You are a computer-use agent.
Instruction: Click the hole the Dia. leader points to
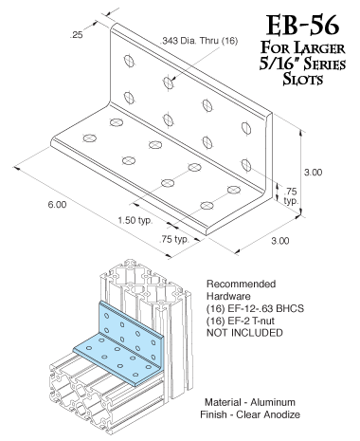point(170,83)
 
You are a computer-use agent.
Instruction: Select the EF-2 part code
point(246,322)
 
